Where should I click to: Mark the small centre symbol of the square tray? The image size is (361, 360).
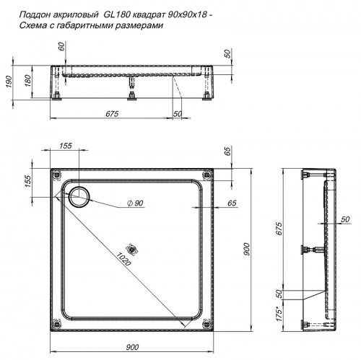click(131, 245)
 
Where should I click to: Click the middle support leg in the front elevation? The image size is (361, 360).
click(131, 87)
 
